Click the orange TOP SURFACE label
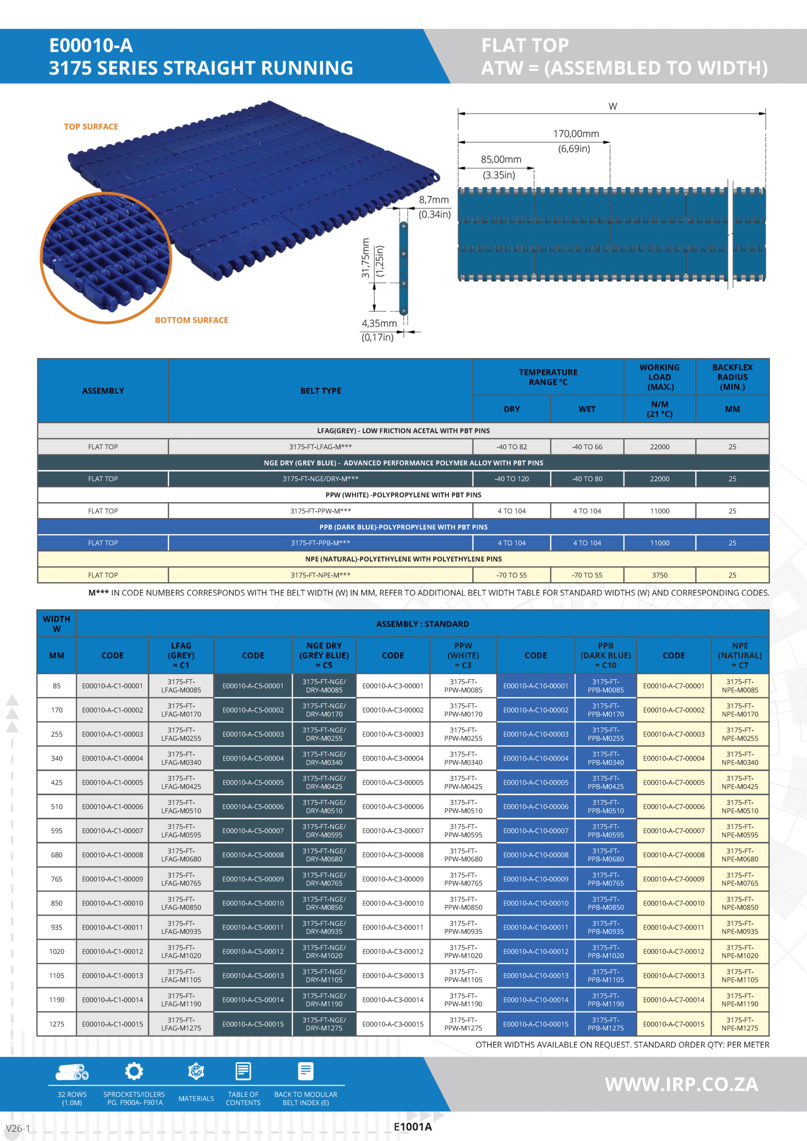click(x=91, y=127)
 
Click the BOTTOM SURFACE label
click(x=191, y=320)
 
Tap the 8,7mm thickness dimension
click(x=433, y=200)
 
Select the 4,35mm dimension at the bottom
click(x=379, y=324)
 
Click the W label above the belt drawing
click(x=613, y=107)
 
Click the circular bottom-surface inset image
click(x=106, y=258)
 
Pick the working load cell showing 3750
click(x=659, y=575)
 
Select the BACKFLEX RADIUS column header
click(x=732, y=377)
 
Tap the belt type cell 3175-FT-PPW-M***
click(x=320, y=511)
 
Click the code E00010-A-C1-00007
click(x=112, y=830)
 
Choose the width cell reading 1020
click(x=57, y=951)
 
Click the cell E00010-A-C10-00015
click(x=535, y=1024)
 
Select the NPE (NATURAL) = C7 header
click(x=739, y=655)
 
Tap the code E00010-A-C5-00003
click(x=253, y=734)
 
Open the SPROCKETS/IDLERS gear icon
click(x=134, y=1071)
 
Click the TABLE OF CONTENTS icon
click(x=243, y=1071)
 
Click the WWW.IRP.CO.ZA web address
click(x=681, y=1084)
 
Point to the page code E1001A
click(x=412, y=1127)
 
